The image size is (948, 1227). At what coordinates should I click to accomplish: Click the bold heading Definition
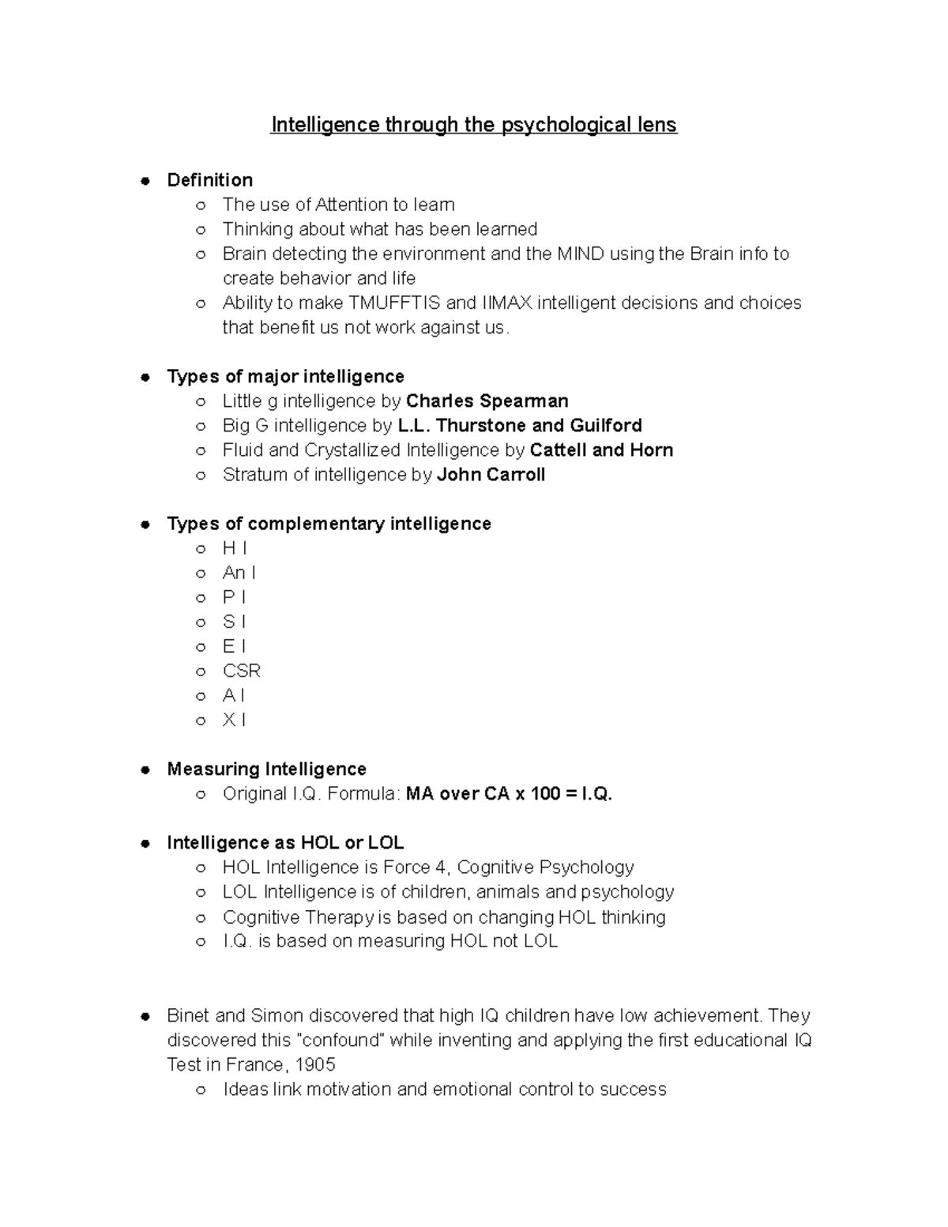(209, 180)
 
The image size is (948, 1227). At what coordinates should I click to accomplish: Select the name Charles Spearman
(487, 401)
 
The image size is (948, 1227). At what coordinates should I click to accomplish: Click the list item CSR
(241, 671)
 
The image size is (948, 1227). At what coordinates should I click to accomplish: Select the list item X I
(234, 720)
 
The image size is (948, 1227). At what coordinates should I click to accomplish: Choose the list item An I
(239, 573)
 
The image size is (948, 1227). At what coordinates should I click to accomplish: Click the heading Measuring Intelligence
(266, 770)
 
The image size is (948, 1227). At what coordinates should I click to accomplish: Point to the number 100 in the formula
(545, 794)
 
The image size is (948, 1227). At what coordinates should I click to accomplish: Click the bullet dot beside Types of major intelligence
(145, 377)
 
